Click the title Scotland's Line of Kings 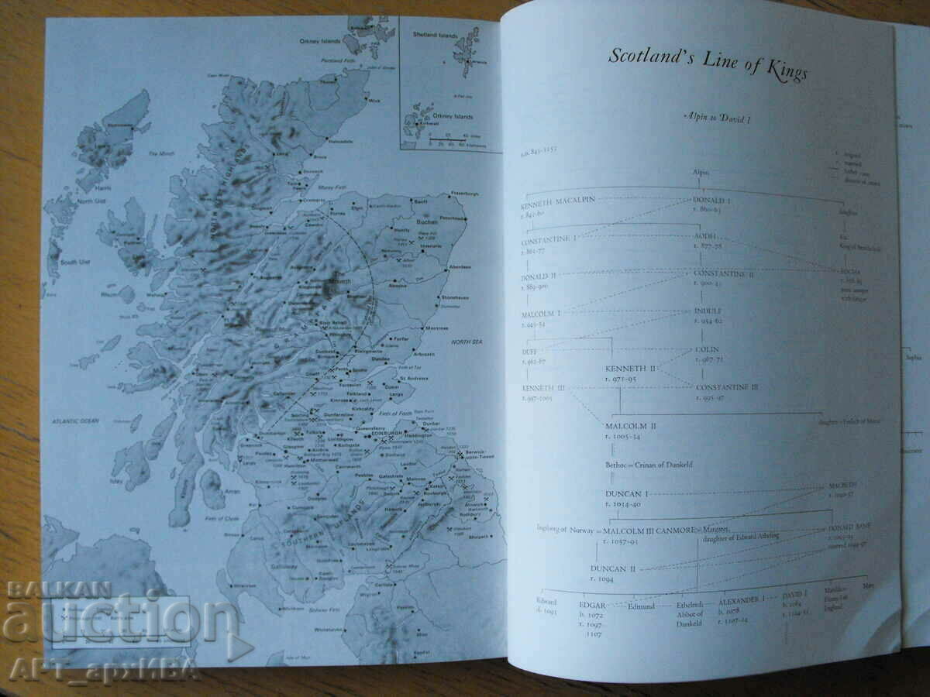[706, 64]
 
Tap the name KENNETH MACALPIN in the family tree [558, 199]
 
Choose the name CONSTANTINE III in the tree [726, 386]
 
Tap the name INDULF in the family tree [712, 311]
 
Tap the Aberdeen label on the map [460, 266]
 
